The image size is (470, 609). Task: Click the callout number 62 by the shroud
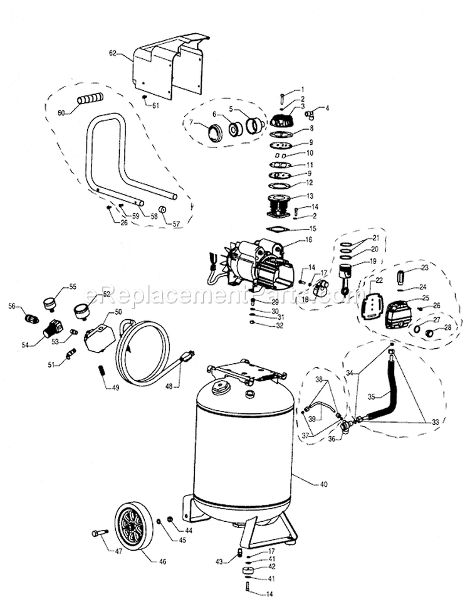(113, 55)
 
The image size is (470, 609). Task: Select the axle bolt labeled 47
(100, 533)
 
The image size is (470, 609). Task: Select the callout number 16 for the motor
(308, 240)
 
